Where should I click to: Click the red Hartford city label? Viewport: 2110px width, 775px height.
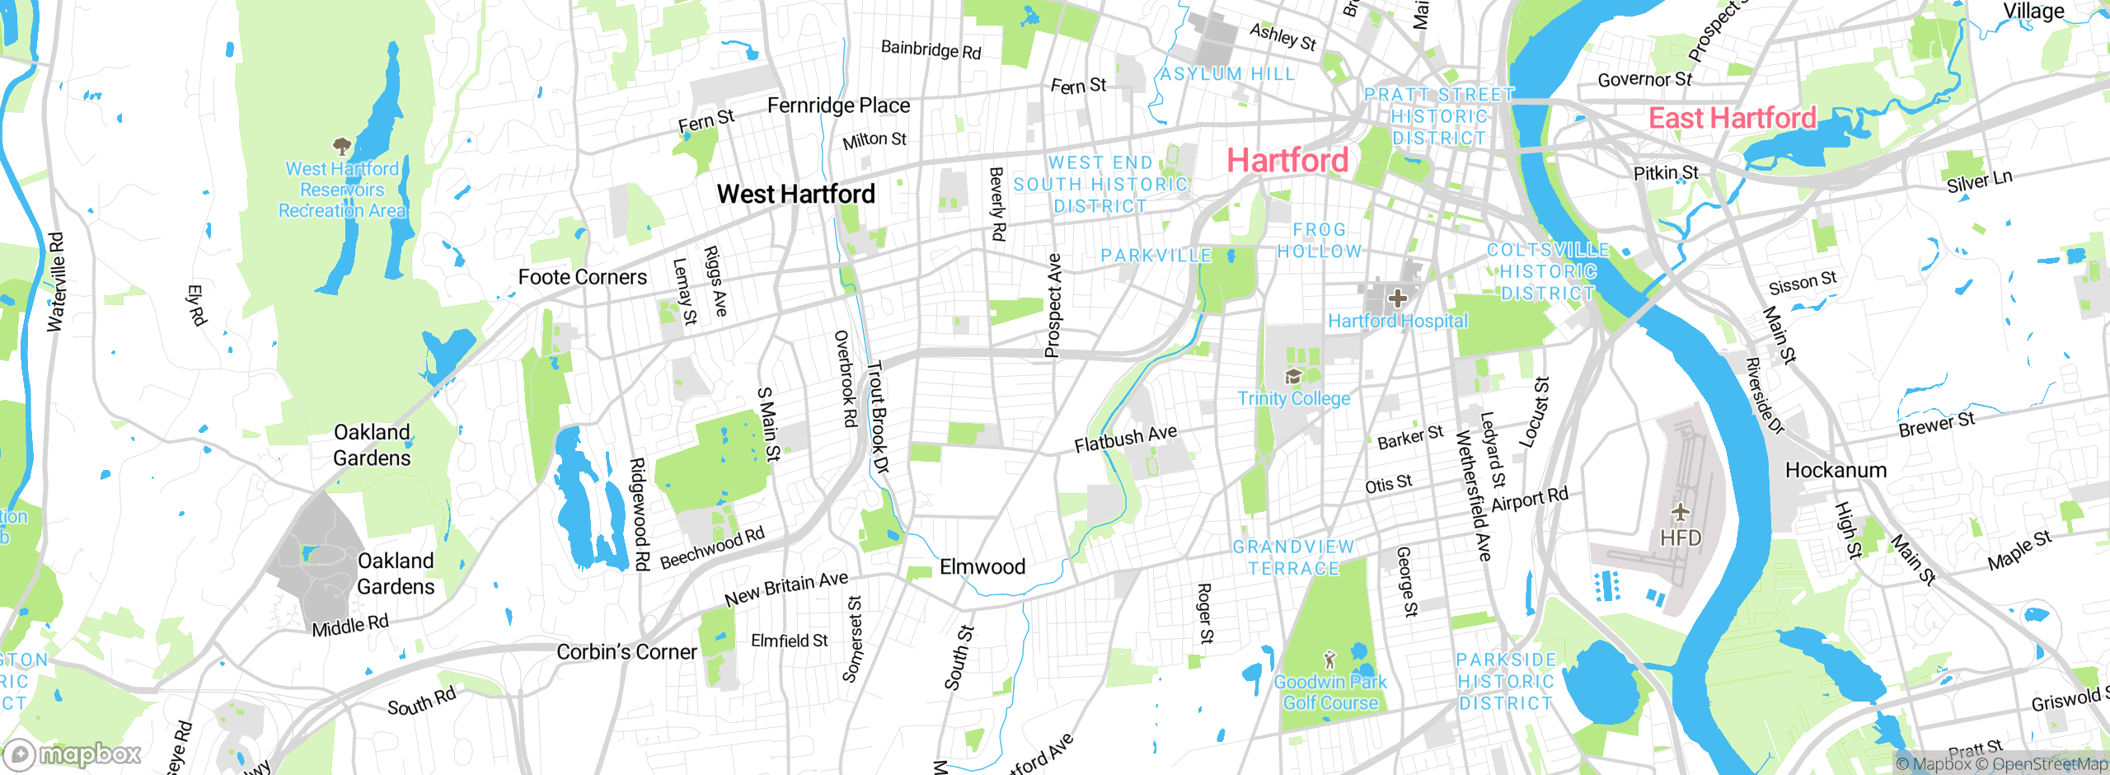coord(1287,160)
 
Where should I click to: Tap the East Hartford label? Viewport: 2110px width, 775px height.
coord(1732,118)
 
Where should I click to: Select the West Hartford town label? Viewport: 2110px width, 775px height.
coord(795,194)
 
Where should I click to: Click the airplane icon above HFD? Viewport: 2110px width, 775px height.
coord(1681,513)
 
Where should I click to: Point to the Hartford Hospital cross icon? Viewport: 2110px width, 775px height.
coord(1397,298)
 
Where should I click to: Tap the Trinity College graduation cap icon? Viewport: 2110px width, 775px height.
coord(1292,377)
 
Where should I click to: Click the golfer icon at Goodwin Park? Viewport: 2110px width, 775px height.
coord(1329,660)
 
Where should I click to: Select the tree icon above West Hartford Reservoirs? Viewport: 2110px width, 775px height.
coord(341,147)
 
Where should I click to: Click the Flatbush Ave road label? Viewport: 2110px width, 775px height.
coord(1125,439)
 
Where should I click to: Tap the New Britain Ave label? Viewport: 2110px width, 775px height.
coord(785,588)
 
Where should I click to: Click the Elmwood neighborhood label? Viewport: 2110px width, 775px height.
coord(982,566)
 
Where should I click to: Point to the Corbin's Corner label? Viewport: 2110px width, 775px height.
coord(626,651)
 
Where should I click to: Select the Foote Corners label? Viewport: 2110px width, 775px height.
coord(582,277)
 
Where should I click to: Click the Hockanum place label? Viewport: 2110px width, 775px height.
coord(1836,470)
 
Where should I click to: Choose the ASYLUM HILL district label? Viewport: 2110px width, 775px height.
coord(1227,74)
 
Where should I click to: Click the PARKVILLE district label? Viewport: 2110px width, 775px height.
coord(1156,256)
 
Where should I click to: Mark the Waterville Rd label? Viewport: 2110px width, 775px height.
coord(56,282)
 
